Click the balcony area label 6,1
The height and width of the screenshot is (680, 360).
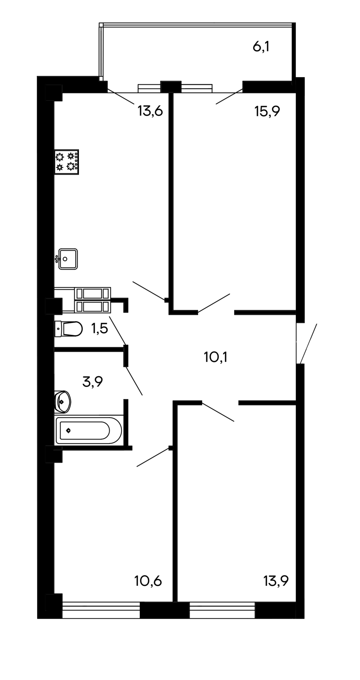pyautogui.click(x=261, y=46)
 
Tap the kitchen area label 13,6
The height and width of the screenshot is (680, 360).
pyautogui.click(x=150, y=111)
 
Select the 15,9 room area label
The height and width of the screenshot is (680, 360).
pyautogui.click(x=267, y=112)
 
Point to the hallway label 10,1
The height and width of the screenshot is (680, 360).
pyautogui.click(x=216, y=357)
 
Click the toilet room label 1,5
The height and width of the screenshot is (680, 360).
pyautogui.click(x=99, y=329)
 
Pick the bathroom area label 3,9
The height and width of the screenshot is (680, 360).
pyautogui.click(x=92, y=381)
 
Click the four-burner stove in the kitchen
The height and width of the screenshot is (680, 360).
pyautogui.click(x=67, y=161)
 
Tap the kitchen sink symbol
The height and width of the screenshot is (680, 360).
pyautogui.click(x=67, y=259)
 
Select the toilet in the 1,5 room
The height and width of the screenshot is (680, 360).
pyautogui.click(x=68, y=329)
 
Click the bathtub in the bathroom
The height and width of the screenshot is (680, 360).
pyautogui.click(x=89, y=431)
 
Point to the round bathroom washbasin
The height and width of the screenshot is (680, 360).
pyautogui.click(x=63, y=402)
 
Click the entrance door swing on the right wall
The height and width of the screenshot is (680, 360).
pyautogui.click(x=309, y=344)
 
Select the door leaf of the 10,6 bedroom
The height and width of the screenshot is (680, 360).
pyautogui.click(x=153, y=457)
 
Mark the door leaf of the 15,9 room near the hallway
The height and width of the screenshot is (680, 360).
pyautogui.click(x=214, y=303)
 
